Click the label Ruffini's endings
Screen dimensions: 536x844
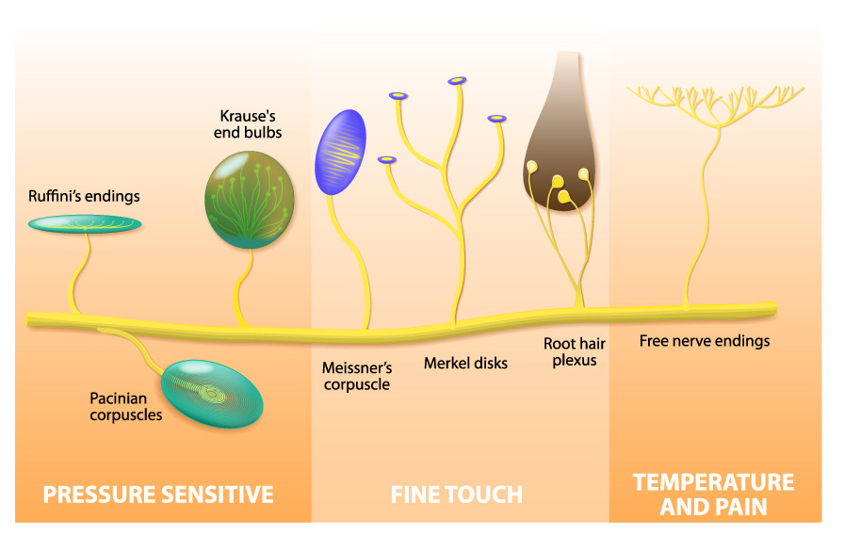(84, 197)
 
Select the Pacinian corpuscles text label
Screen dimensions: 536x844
(126, 406)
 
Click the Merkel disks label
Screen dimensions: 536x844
(465, 363)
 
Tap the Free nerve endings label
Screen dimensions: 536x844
(704, 341)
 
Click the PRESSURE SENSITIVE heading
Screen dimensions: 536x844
(158, 495)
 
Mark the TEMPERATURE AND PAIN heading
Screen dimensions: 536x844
(713, 495)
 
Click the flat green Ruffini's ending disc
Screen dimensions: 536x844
(84, 224)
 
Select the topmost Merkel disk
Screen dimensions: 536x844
(458, 80)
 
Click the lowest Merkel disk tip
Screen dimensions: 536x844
(385, 160)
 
